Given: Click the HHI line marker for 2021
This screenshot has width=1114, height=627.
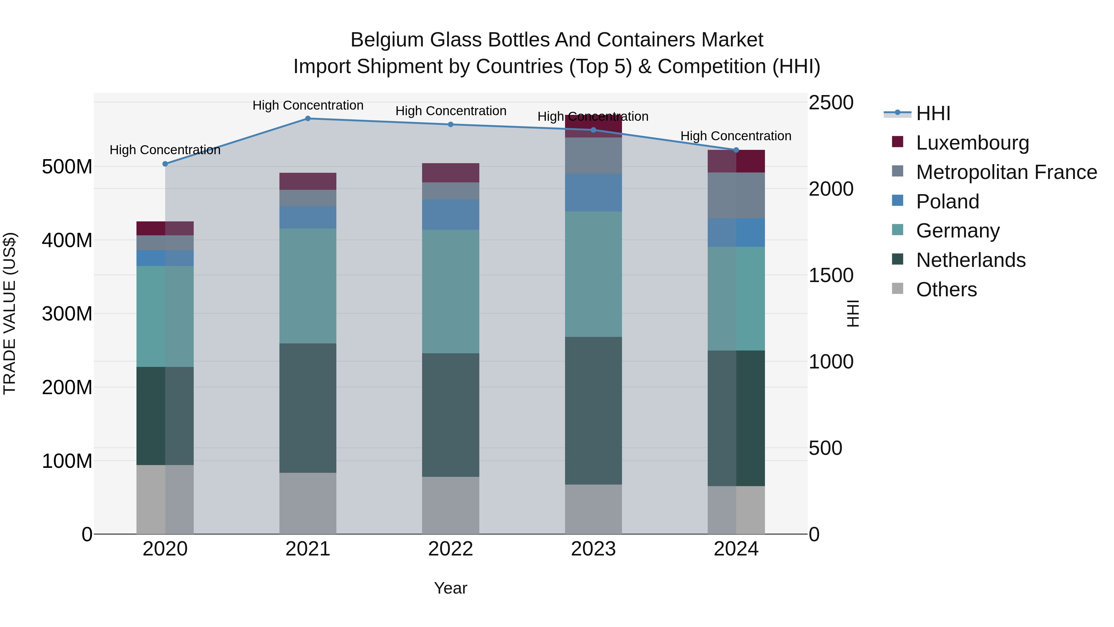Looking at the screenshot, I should click(x=308, y=119).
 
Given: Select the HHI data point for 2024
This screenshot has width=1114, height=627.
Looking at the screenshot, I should click(x=736, y=150).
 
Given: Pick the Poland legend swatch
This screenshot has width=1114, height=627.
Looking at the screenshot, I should click(x=898, y=201).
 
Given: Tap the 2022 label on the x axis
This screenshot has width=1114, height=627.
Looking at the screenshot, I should click(x=450, y=549).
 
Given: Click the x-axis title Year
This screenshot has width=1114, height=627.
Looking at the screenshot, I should click(x=450, y=588).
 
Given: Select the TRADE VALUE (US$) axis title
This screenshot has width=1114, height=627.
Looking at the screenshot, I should click(x=10, y=313).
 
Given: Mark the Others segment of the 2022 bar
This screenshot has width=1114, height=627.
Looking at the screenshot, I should click(x=450, y=505).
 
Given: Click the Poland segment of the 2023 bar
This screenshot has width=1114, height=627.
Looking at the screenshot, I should click(x=593, y=193).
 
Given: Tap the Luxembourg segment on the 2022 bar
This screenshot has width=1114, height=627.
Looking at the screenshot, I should click(x=450, y=173).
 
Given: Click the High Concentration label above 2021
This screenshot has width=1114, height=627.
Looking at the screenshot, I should click(x=308, y=106).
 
